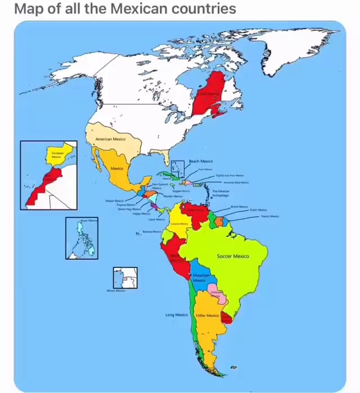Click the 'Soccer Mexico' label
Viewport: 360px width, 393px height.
[x=232, y=256]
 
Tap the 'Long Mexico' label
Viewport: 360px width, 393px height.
[x=177, y=315]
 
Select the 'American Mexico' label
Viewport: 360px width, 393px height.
[x=111, y=139]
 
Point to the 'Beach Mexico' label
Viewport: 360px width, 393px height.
[x=201, y=162]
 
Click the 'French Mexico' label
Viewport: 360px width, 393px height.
[x=269, y=216]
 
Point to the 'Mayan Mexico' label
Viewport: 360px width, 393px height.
[x=114, y=200]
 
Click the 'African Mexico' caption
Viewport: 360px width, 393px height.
[x=116, y=292]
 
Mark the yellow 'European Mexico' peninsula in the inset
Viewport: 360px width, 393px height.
[x=58, y=154]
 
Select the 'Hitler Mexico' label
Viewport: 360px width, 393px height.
[x=208, y=315]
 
